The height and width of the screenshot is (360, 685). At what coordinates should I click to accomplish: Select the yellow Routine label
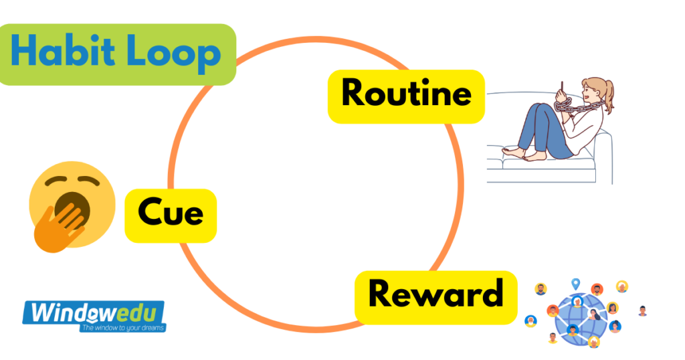point(406,96)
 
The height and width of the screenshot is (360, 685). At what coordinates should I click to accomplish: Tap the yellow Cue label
point(171,215)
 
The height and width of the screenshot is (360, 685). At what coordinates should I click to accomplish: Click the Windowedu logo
point(93,312)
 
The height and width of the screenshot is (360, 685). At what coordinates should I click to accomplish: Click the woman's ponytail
point(607,94)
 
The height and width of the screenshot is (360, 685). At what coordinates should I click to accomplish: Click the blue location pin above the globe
point(575,284)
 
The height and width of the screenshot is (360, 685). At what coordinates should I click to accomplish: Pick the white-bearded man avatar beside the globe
point(622,286)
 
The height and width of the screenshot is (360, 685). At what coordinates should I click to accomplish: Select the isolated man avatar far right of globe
point(643,310)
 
